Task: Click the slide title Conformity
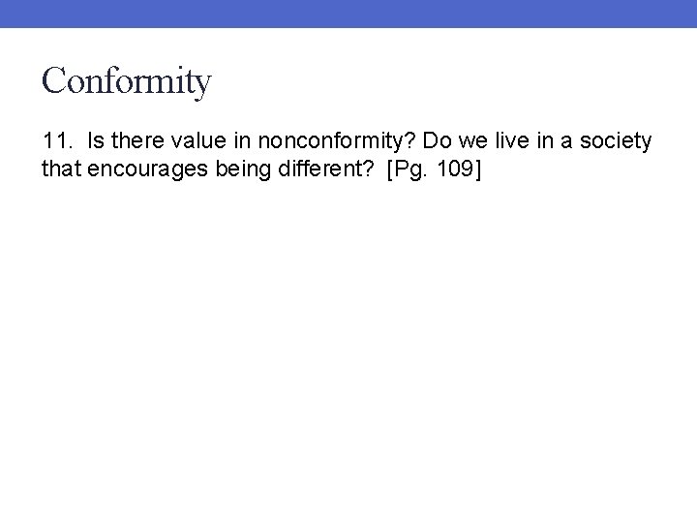click(x=125, y=81)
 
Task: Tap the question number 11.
click(x=57, y=141)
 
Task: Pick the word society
click(x=618, y=142)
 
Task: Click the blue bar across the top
click(x=348, y=14)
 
